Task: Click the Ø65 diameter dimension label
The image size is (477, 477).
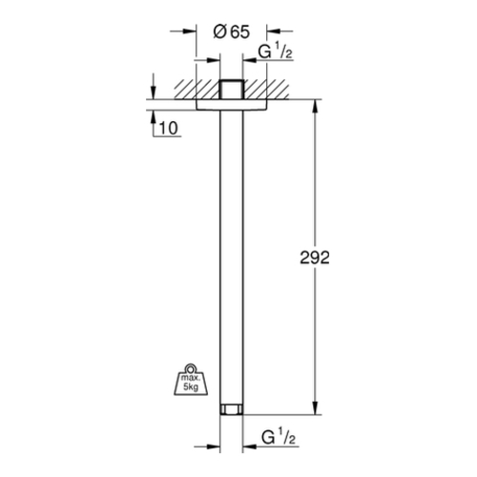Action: pyautogui.click(x=232, y=32)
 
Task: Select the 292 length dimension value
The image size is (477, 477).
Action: pyautogui.click(x=315, y=258)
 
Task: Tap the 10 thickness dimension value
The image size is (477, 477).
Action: pyautogui.click(x=169, y=128)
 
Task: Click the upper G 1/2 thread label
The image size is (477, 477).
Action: pyautogui.click(x=275, y=52)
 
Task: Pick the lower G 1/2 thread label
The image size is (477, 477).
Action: pyautogui.click(x=279, y=437)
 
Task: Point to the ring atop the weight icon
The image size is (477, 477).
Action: pyautogui.click(x=191, y=368)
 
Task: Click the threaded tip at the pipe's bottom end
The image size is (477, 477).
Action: pyautogui.click(x=232, y=409)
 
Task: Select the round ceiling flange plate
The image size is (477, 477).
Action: pyautogui.click(x=232, y=105)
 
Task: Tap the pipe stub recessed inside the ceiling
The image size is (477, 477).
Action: pyautogui.click(x=232, y=90)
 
